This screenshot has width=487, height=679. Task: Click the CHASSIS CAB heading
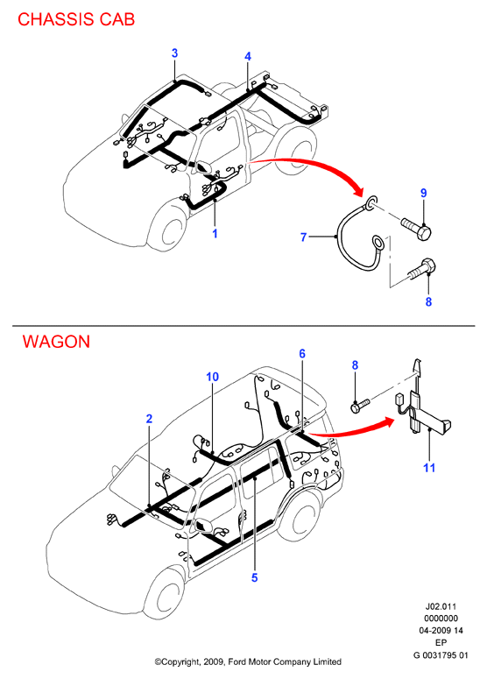click(76, 19)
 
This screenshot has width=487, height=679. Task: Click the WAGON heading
click(56, 342)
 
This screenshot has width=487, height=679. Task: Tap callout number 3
click(174, 53)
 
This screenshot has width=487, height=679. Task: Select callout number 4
click(248, 56)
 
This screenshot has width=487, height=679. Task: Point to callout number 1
click(215, 233)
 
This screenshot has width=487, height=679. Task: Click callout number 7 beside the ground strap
click(303, 237)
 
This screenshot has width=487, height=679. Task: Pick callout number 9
click(423, 193)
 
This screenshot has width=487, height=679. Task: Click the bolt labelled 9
click(415, 229)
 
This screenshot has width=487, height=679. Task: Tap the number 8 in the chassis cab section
click(428, 301)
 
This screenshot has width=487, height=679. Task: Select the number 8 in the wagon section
click(355, 365)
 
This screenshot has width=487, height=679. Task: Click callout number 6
click(302, 353)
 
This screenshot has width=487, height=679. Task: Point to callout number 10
click(213, 377)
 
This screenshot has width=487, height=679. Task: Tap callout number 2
click(150, 419)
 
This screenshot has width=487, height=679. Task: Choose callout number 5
click(255, 577)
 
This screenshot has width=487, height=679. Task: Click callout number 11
click(429, 468)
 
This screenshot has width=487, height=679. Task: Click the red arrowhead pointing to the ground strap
click(356, 189)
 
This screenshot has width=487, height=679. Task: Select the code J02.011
click(441, 606)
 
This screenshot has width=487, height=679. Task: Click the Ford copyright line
click(248, 661)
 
